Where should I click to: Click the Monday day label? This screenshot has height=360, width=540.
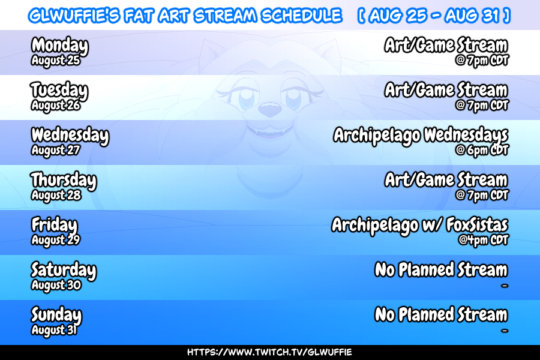click(60, 46)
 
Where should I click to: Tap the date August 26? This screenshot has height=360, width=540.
click(56, 105)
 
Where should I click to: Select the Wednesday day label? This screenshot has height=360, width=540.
click(70, 136)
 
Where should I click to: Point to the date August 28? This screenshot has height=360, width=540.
click(56, 195)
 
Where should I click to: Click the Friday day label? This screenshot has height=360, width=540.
click(55, 226)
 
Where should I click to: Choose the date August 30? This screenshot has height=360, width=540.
click(56, 285)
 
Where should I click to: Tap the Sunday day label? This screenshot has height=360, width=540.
click(56, 316)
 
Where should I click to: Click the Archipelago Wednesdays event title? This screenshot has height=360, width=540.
click(421, 136)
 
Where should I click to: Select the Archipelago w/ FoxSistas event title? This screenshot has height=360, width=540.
click(420, 226)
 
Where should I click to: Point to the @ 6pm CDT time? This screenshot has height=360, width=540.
click(482, 150)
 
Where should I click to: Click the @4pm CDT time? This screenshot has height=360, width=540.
click(483, 240)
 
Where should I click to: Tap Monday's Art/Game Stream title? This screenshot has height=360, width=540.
click(446, 46)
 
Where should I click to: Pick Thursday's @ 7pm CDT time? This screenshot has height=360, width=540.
click(482, 196)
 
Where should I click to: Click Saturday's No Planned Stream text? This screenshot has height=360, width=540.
click(441, 270)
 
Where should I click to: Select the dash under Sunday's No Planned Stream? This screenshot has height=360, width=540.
click(505, 331)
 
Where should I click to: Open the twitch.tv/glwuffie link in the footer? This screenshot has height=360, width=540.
click(269, 352)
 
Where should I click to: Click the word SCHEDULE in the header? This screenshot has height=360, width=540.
click(301, 16)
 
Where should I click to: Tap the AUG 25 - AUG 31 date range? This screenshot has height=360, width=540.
click(434, 16)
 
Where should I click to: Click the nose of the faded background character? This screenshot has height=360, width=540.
click(269, 110)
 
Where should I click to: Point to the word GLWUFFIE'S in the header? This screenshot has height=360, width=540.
click(74, 16)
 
